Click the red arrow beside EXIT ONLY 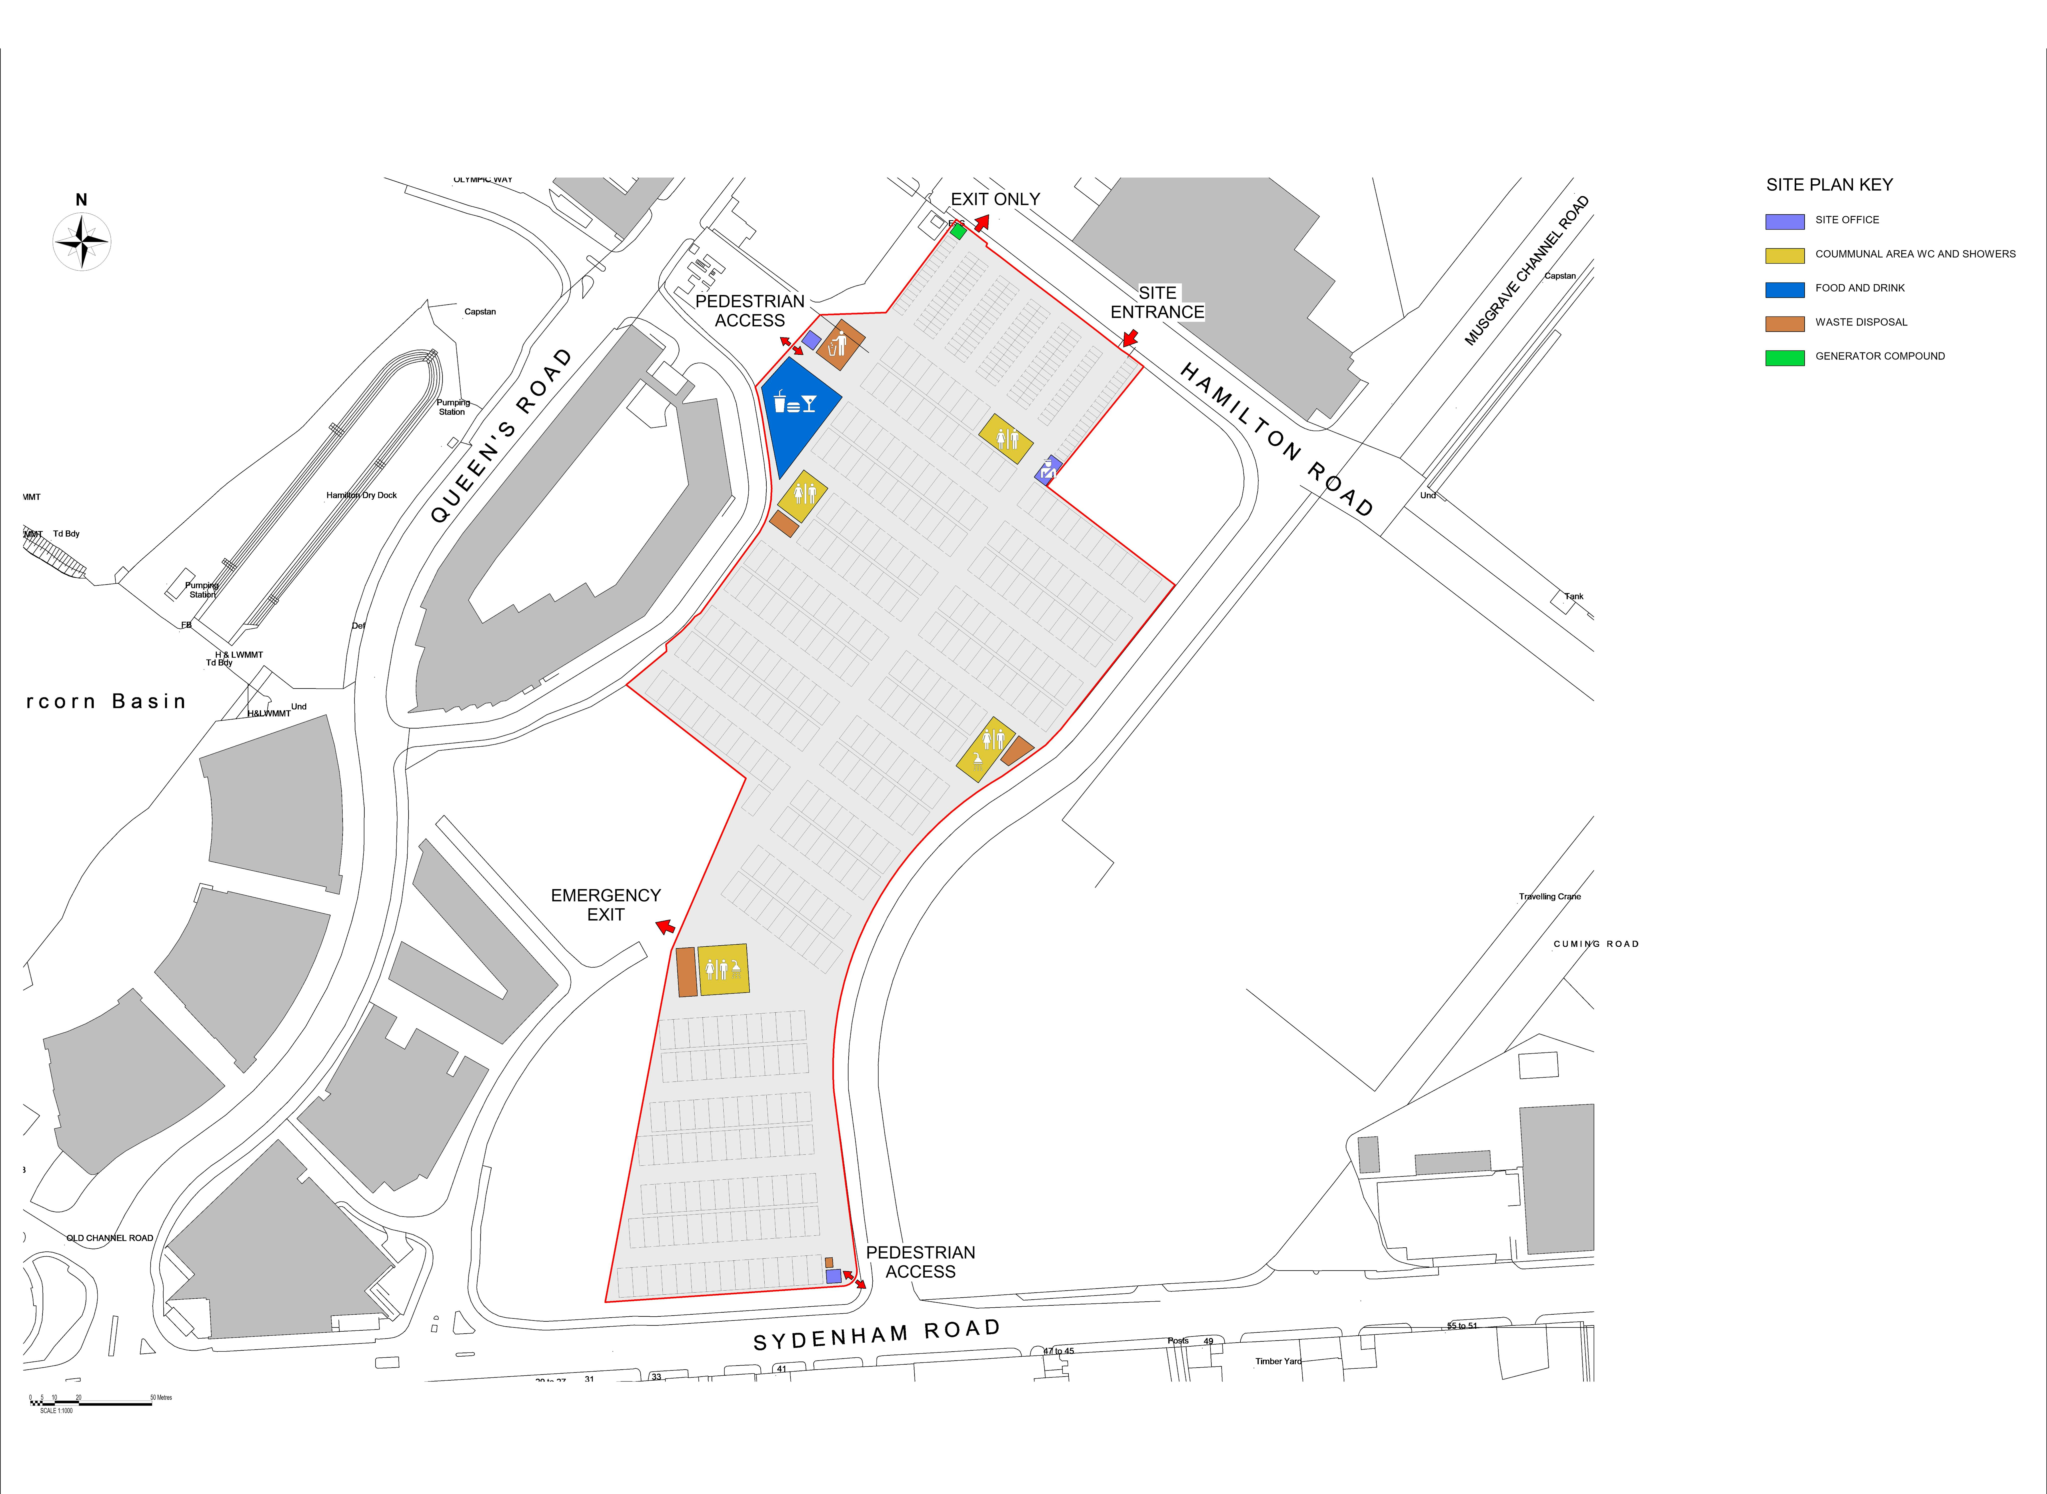981,223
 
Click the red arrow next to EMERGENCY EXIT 665,926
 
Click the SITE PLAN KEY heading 1829,184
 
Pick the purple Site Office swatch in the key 1785,221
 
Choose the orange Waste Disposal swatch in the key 1785,323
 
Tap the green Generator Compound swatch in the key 1785,357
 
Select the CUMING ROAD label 1596,944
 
